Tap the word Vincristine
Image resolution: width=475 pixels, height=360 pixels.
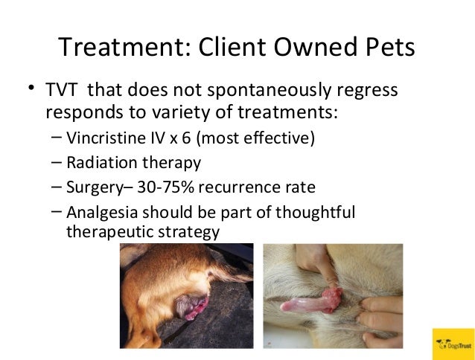101,138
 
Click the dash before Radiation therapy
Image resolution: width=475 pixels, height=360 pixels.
58,161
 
